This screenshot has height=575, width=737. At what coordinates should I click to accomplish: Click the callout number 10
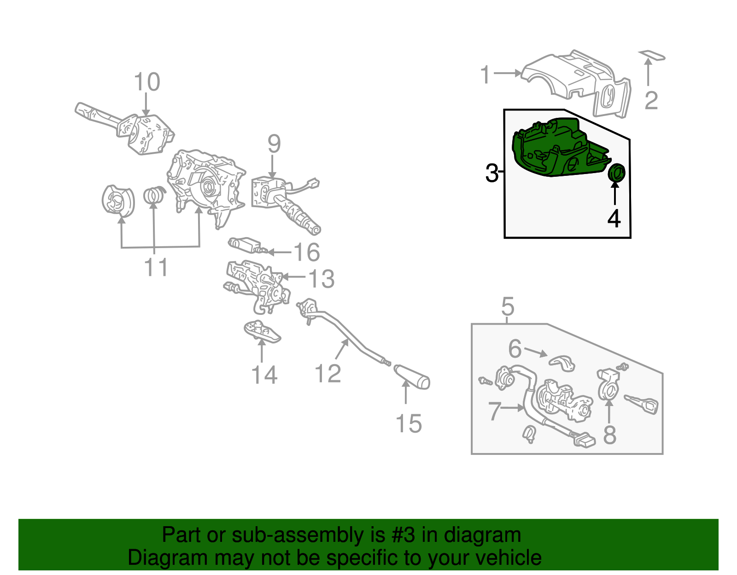pos(146,82)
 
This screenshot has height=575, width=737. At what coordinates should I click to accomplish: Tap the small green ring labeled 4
pos(616,173)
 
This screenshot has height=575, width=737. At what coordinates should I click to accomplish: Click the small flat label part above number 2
pos(652,56)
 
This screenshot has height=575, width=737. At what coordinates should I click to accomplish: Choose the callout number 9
pos(274,144)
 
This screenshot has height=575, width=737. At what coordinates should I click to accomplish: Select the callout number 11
pos(156,267)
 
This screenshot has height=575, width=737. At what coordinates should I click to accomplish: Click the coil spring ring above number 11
pos(154,195)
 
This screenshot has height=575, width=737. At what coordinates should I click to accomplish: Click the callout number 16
pos(306,252)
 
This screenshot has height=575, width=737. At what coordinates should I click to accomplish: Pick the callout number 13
pos(321,279)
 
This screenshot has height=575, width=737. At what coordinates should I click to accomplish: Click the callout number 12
pos(328,373)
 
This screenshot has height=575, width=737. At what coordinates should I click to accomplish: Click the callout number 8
pos(609,435)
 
